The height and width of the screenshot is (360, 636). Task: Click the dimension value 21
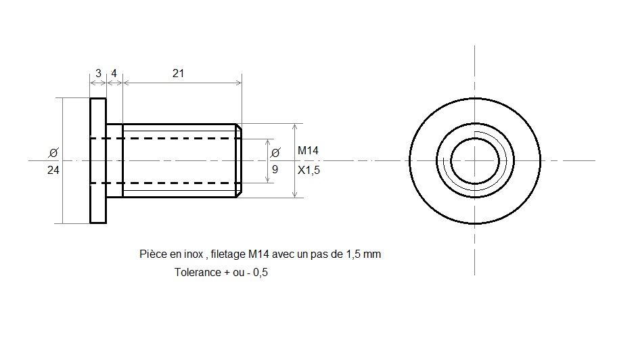click(178, 74)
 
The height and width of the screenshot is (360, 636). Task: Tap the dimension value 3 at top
click(98, 74)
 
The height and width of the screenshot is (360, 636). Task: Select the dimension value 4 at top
click(114, 74)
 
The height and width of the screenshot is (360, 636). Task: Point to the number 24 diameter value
click(53, 170)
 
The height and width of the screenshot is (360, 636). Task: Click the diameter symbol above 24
click(53, 153)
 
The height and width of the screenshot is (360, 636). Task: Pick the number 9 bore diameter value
click(275, 170)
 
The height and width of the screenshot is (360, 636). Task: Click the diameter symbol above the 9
click(275, 153)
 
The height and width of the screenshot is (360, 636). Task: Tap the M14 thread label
click(309, 151)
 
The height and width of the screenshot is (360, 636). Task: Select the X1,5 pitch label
click(309, 170)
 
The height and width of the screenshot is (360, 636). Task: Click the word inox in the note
click(194, 254)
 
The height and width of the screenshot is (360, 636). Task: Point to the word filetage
click(228, 254)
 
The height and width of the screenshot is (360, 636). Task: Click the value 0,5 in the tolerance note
click(260, 272)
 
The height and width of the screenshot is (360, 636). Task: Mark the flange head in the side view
click(98, 161)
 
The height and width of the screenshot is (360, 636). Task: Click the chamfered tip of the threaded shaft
click(240, 161)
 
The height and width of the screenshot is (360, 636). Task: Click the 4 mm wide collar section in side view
click(115, 161)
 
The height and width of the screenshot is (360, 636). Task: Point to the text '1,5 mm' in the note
click(363, 254)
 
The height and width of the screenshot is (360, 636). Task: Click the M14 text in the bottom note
click(258, 254)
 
